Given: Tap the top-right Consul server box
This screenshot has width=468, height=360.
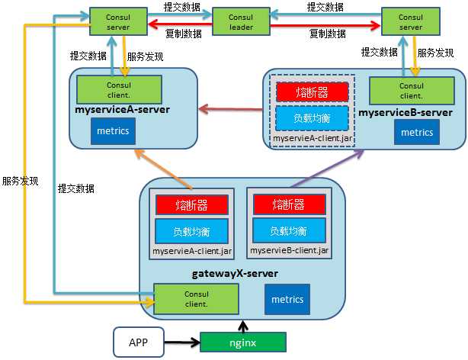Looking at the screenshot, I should pos(412,21).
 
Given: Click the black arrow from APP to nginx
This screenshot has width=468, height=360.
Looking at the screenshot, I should pos(184,343).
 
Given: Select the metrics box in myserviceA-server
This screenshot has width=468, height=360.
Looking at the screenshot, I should pos(114,131).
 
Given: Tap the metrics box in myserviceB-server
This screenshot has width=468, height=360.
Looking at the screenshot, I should pos(417,132).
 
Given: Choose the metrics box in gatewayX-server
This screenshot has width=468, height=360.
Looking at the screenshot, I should pos(287,299).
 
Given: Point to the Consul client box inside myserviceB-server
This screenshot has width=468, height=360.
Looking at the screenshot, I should pos(411,91).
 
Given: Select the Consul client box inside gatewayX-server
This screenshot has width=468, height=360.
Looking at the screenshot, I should pos(196,298).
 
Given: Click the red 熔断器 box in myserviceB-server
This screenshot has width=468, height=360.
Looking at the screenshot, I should pos(312,92).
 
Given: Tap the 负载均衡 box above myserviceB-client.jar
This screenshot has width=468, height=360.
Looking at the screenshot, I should pos(289,230).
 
